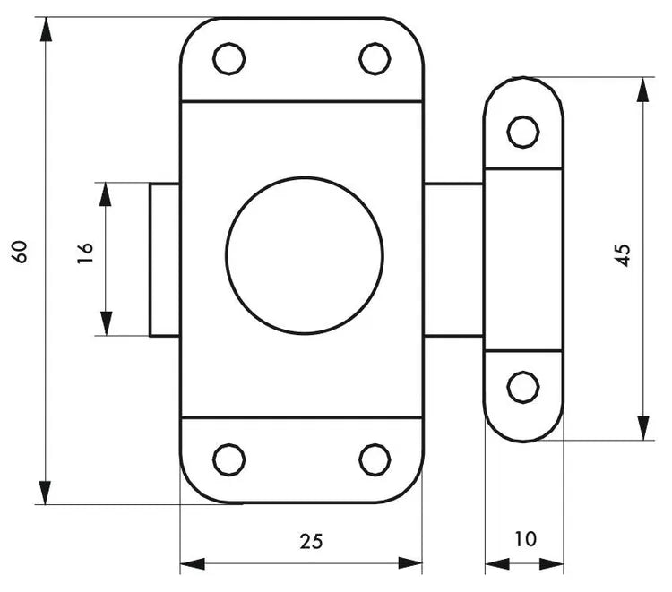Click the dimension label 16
pos(85,252)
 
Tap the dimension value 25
pos(311,540)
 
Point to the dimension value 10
pos(525,539)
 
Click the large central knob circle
pos(305,254)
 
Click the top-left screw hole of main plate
pos(228,59)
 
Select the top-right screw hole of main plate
pos(375,59)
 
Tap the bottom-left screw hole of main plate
pos(228,459)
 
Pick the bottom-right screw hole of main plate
pos(375,459)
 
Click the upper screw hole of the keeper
pos(522,132)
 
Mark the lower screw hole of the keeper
pos(522,388)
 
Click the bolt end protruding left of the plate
pos(165,260)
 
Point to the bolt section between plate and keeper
pos(453,260)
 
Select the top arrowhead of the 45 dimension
pos(642,90)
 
